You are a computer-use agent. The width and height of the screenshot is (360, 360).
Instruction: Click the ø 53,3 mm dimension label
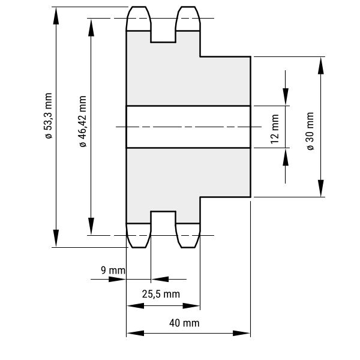click(x=49, y=116)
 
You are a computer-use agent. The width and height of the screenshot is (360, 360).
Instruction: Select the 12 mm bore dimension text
click(x=275, y=130)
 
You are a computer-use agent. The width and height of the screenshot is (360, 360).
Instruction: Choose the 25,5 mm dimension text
click(x=161, y=294)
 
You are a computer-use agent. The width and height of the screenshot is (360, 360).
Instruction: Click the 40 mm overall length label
click(x=184, y=323)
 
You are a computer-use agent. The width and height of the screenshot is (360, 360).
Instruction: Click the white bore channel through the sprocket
click(x=188, y=127)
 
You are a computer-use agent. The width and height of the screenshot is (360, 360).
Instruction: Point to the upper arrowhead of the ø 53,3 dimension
click(x=56, y=15)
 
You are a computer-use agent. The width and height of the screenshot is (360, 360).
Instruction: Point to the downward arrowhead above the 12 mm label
click(x=286, y=96)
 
